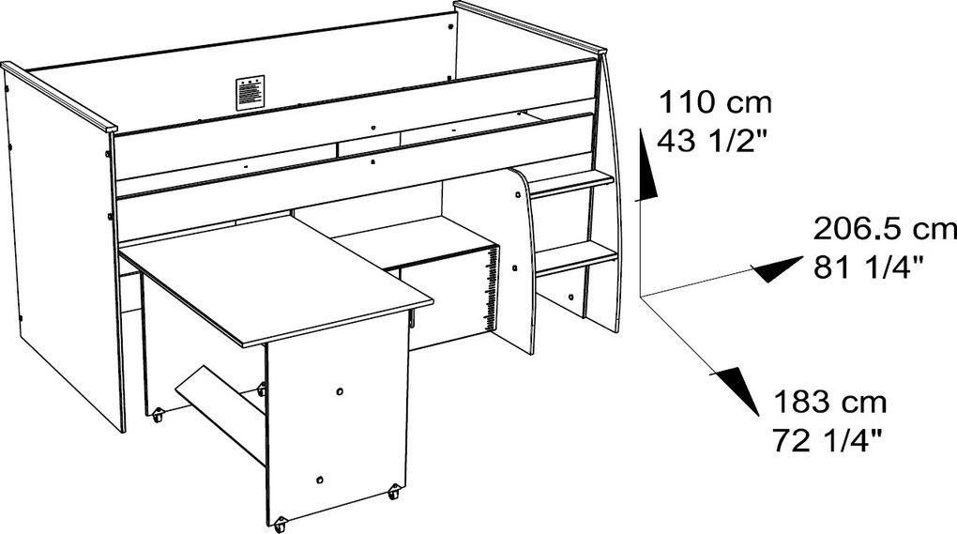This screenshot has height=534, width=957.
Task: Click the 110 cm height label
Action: click(714, 102)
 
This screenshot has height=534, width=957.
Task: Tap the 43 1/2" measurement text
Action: click(711, 141)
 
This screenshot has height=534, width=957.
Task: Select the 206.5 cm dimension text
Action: click(885, 229)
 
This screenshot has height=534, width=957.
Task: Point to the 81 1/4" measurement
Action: click(868, 267)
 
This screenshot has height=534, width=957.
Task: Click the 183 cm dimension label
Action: click(830, 403)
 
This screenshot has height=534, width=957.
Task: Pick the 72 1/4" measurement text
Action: click(828, 440)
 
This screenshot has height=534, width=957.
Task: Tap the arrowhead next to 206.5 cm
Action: click(776, 268)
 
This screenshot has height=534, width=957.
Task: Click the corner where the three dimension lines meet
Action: click(640, 297)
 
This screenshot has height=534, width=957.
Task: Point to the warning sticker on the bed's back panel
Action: click(251, 93)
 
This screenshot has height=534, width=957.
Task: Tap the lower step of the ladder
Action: click(577, 258)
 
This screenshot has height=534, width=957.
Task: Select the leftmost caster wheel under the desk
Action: click(158, 417)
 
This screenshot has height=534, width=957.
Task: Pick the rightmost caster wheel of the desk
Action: click(394, 491)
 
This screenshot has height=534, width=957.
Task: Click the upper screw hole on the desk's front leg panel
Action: click(340, 391)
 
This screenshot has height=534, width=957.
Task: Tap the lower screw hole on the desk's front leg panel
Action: click(320, 479)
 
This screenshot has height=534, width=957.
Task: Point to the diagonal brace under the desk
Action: click(220, 415)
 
